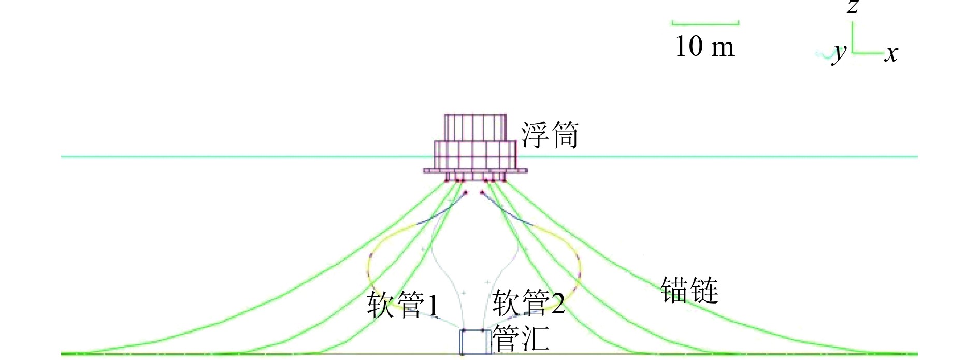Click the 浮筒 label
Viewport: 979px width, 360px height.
coord(550,135)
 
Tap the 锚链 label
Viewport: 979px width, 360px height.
coord(689,290)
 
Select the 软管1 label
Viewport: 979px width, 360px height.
coord(403,304)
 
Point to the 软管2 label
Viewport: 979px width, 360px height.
coord(528,303)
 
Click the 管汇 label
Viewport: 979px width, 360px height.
coord(520,338)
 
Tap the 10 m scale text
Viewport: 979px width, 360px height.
coord(705,46)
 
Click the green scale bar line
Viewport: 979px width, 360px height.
coord(705,23)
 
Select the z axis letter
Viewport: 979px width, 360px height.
coord(853,7)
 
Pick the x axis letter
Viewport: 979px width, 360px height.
coord(891,53)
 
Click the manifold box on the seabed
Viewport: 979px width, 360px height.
coord(476,342)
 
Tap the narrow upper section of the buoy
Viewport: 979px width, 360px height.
coord(475,127)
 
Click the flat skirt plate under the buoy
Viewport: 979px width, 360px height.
coord(475,170)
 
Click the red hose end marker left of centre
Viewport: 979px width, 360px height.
coord(465,193)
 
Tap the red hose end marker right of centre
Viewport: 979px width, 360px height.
coord(482,193)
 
